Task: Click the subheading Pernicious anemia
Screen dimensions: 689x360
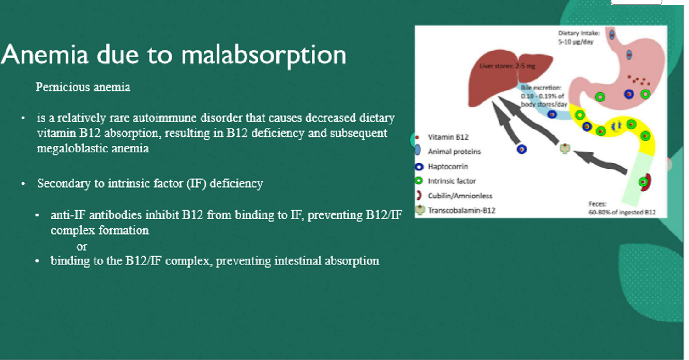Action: [x=83, y=87]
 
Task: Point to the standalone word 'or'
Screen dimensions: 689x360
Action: [x=82, y=247]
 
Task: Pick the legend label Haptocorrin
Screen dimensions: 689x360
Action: [x=448, y=167]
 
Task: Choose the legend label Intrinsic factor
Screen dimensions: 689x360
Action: [x=452, y=181]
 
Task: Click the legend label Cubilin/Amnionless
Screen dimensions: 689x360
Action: [x=460, y=196]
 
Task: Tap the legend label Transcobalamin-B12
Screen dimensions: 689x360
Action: [x=462, y=210]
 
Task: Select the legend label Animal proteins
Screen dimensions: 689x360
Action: [x=454, y=152]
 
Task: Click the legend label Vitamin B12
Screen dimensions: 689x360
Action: [x=448, y=137]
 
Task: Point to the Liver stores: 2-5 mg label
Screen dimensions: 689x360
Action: [x=508, y=66]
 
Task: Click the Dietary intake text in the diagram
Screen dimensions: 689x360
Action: [x=579, y=37]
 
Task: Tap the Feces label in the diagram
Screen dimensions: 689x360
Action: [x=622, y=208]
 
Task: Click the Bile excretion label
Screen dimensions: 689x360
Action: [x=544, y=96]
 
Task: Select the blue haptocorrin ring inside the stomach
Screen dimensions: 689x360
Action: [x=629, y=94]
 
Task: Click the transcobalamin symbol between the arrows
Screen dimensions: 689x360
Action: [x=565, y=149]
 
